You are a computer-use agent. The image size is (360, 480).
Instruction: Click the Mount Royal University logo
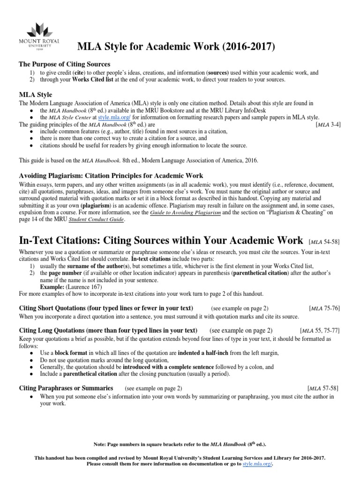tap(40, 38)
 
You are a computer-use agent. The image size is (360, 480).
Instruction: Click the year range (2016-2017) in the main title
tap(248, 46)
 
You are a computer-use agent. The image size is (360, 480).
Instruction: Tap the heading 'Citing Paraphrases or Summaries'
tap(66, 388)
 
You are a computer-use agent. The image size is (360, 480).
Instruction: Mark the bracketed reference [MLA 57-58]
tap(323, 389)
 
